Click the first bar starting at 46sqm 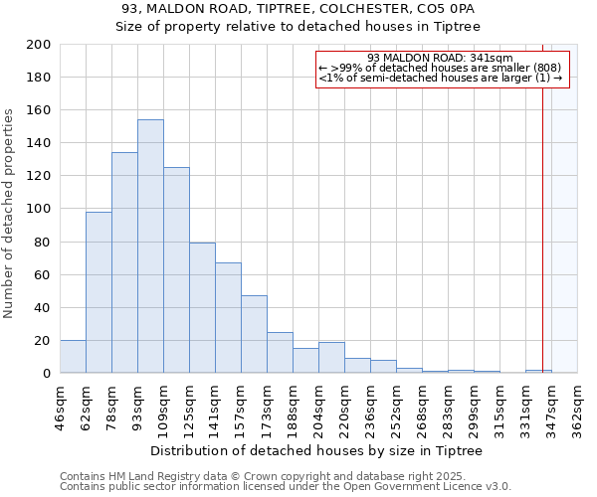pyautogui.click(x=73, y=357)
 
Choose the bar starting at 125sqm pyautogui.click(x=202, y=308)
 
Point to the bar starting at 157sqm pyautogui.click(x=254, y=334)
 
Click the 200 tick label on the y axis pyautogui.click(x=39, y=45)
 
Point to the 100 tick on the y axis pyautogui.click(x=39, y=209)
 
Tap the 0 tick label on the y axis pyautogui.click(x=47, y=374)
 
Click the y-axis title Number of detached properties pyautogui.click(x=9, y=215)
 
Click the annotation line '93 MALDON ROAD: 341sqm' pyautogui.click(x=439, y=58)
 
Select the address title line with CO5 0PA pyautogui.click(x=298, y=9)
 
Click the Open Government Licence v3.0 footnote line pyautogui.click(x=286, y=487)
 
